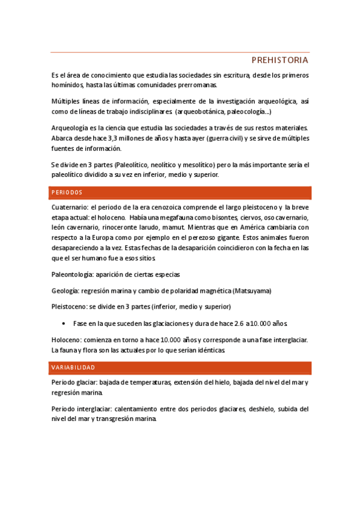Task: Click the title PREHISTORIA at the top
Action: [x=279, y=60]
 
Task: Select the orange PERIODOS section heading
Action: [x=67, y=192]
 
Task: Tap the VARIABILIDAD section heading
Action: [x=73, y=367]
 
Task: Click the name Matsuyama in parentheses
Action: [x=252, y=291]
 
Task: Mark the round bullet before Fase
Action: [x=64, y=323]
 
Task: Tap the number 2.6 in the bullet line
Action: [x=236, y=323]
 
